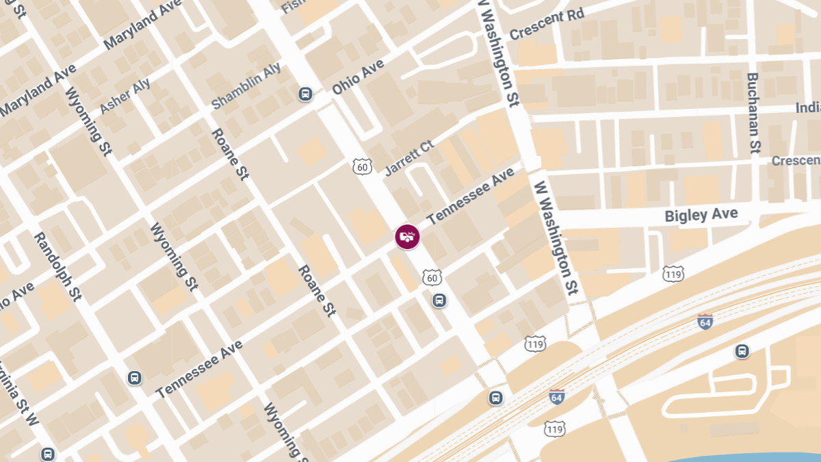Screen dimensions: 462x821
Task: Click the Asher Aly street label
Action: pyautogui.click(x=125, y=97)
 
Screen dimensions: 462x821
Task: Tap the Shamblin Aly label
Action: pyautogui.click(x=246, y=87)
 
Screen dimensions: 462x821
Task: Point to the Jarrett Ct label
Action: pyautogui.click(x=409, y=159)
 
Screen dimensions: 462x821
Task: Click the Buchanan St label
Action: pyautogui.click(x=754, y=112)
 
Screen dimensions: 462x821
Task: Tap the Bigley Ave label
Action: pyautogui.click(x=701, y=216)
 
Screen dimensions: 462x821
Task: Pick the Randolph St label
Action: pyautogui.click(x=57, y=266)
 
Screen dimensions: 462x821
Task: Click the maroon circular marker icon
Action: pyautogui.click(x=408, y=237)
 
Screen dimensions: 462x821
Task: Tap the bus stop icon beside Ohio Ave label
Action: pyautogui.click(x=305, y=94)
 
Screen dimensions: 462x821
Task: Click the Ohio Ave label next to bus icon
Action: pyautogui.click(x=359, y=77)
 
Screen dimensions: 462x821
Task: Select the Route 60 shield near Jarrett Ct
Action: pyautogui.click(x=363, y=166)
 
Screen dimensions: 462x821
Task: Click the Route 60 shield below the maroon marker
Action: pyautogui.click(x=432, y=277)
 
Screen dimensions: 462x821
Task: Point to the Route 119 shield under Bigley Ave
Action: pyautogui.click(x=673, y=274)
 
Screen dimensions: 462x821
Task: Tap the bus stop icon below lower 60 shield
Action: pyautogui.click(x=439, y=300)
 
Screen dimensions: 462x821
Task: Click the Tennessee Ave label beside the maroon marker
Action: pyautogui.click(x=471, y=197)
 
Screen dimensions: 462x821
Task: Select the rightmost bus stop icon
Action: pyautogui.click(x=742, y=351)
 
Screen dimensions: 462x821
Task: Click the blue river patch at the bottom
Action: pyautogui.click(x=753, y=457)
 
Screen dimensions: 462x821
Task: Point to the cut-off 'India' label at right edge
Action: pyautogui.click(x=807, y=108)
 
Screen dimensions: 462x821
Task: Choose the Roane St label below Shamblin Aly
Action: pyautogui.click(x=230, y=154)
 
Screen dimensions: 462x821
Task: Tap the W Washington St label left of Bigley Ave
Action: pyautogui.click(x=557, y=236)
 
